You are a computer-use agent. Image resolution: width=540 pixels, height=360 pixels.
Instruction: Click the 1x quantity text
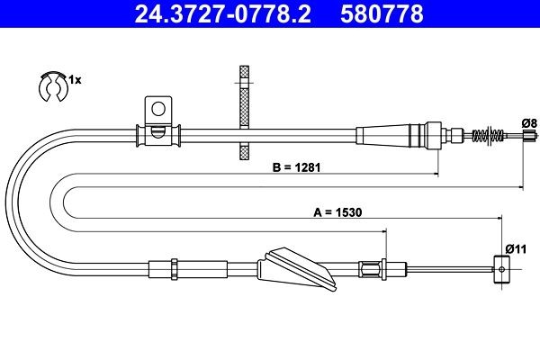(76, 80)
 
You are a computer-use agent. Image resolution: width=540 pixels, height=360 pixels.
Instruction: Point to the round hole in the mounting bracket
(158, 110)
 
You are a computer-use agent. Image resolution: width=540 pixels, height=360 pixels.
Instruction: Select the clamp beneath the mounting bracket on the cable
(157, 135)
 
